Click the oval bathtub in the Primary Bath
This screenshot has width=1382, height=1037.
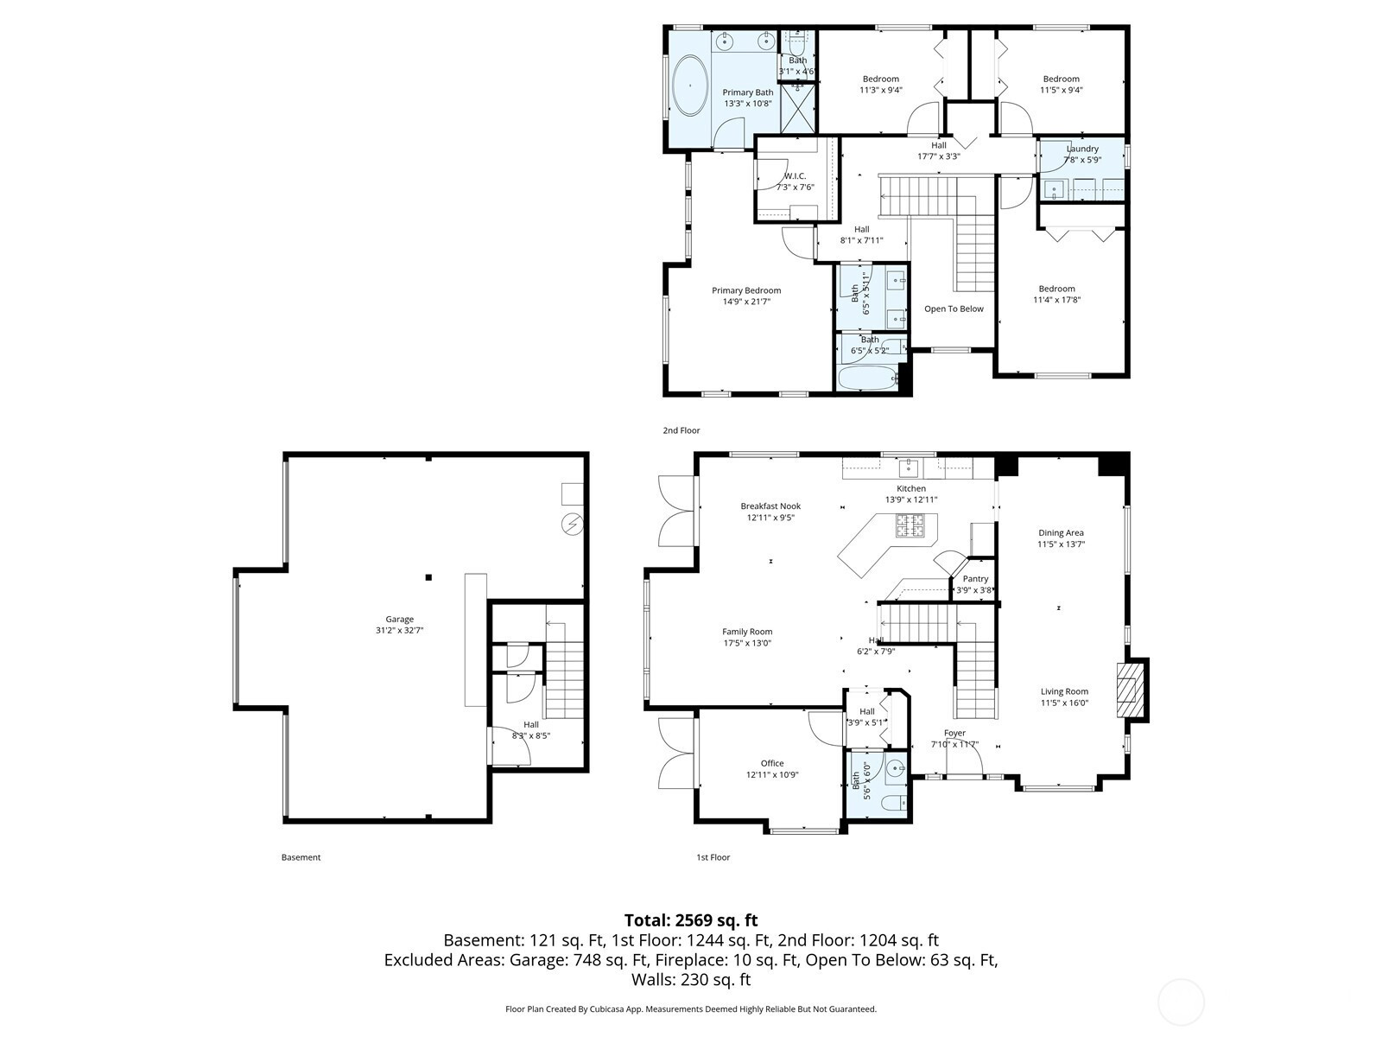tap(690, 86)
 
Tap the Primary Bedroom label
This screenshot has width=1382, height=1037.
tap(746, 290)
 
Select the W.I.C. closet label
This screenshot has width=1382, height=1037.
tap(795, 175)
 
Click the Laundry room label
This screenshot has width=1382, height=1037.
tap(1082, 149)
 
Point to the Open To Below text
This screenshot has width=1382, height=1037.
tap(954, 309)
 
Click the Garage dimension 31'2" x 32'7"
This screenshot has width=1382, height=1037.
tap(399, 630)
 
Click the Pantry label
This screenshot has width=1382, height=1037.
tap(975, 579)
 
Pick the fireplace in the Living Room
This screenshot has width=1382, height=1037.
tap(1130, 690)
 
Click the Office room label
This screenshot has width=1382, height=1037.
tap(772, 763)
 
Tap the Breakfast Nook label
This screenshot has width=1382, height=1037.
tap(770, 506)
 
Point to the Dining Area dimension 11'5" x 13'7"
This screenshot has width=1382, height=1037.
tap(1061, 544)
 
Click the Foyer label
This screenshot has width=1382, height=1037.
tap(954, 733)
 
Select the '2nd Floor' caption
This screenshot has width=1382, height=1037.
tap(681, 430)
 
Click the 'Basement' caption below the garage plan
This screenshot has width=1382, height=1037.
tap(301, 857)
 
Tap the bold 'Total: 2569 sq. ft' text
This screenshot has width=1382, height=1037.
tap(691, 920)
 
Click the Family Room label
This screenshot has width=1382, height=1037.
tap(747, 632)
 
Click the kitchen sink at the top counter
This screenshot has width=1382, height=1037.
tap(908, 468)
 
